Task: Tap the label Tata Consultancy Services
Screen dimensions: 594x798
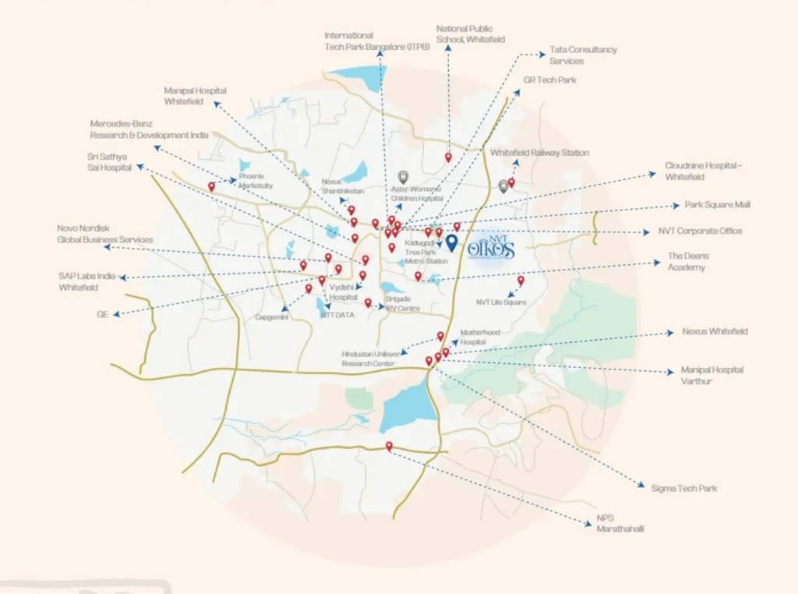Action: point(583,55)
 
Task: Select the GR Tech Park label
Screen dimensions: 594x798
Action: point(549,80)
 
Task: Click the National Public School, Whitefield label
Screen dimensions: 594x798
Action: point(470,34)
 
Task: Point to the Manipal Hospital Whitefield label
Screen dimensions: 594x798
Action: point(195,96)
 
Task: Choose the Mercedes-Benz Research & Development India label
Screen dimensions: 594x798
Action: point(149,129)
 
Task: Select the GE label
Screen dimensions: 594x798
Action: point(102,314)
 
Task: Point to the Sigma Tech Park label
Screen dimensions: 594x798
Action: point(683,488)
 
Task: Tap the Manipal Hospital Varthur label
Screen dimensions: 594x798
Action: point(711,375)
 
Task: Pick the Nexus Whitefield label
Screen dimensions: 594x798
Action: point(715,331)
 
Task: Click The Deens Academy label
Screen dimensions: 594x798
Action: point(688,261)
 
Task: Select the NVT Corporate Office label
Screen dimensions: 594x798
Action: point(700,231)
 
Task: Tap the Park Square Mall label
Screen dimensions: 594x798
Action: point(717,204)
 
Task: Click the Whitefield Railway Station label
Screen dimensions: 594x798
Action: point(539,153)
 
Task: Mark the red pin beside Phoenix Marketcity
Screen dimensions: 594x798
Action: point(211,187)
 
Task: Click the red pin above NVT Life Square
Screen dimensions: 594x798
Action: point(521,281)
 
